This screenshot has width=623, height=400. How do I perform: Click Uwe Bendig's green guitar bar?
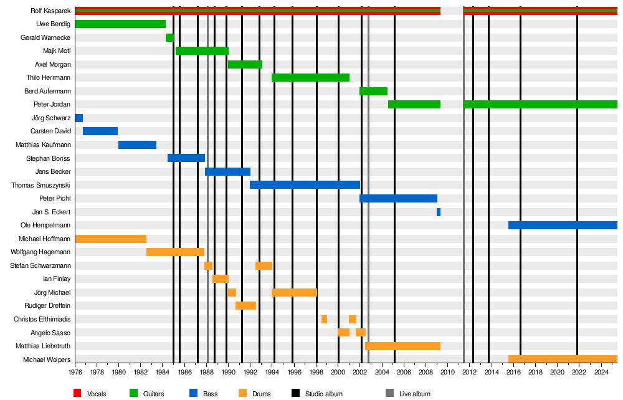[120, 24]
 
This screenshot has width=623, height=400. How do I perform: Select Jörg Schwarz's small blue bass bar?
[79, 118]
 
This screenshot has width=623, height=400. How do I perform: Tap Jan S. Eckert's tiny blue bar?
[439, 212]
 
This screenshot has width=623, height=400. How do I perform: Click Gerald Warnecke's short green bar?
[169, 38]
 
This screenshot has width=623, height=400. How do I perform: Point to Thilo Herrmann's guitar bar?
[310, 78]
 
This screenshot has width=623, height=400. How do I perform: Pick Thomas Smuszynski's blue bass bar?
[305, 185]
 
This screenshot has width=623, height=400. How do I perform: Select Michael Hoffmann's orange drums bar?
[111, 239]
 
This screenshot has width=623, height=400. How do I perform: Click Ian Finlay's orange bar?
[221, 279]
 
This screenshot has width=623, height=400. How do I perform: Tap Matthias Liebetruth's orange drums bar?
[402, 346]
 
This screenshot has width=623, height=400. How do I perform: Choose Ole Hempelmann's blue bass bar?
[563, 226]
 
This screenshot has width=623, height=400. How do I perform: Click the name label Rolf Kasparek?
[50, 11]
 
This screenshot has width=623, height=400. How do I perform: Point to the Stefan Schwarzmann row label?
[40, 266]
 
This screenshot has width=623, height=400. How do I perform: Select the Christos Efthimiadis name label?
[42, 320]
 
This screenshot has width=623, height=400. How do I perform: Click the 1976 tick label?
[75, 373]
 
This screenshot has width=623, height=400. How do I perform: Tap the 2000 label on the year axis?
[338, 373]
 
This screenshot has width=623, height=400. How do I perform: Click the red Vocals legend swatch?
[78, 393]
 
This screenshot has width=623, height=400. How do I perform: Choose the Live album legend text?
[415, 394]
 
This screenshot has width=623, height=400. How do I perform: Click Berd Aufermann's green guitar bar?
[373, 92]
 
